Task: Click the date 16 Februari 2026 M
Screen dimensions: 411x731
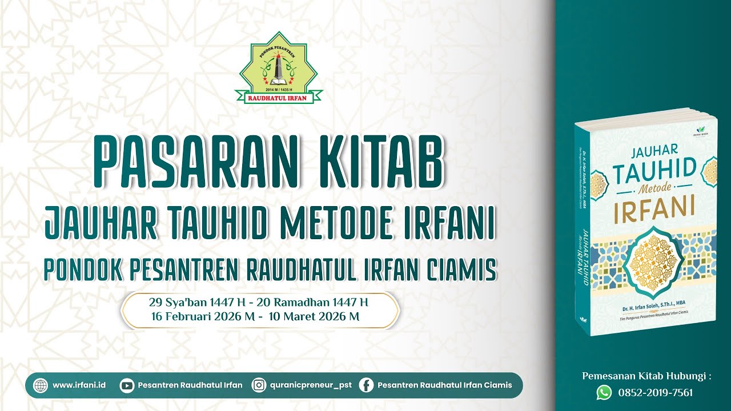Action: (202, 316)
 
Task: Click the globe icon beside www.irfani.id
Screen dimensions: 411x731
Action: (41, 385)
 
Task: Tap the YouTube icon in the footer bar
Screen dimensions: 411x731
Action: (127, 385)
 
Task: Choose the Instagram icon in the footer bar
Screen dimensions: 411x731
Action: (259, 385)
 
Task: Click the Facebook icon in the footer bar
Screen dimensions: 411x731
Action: (366, 385)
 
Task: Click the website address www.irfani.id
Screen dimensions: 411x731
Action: (79, 385)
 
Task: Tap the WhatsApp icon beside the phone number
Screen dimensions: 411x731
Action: (604, 392)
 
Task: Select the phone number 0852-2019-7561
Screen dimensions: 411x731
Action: (656, 393)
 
